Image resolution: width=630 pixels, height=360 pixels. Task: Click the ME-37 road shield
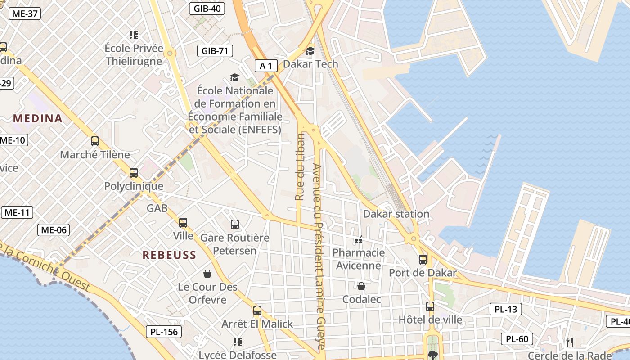coord(25,13)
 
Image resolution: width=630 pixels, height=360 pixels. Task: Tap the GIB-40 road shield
coord(207,8)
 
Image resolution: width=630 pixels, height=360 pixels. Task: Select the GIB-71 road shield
coord(215,51)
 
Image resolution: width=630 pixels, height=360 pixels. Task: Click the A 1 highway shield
coord(266,66)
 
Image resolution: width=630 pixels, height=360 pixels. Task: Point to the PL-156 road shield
coord(164,332)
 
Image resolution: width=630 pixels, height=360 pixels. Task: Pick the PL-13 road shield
coord(505,309)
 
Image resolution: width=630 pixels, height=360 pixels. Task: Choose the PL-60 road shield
coord(517,339)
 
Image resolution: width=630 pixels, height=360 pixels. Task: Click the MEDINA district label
coord(38,119)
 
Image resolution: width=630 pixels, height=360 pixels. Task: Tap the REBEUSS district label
coord(169,255)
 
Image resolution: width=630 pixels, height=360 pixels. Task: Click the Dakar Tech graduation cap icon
coord(310,51)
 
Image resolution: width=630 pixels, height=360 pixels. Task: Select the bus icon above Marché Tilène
coord(94,141)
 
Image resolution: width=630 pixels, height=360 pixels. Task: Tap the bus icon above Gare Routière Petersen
coord(234,225)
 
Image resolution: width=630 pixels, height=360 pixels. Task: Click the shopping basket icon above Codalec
coord(361,286)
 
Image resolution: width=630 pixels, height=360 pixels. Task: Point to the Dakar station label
coord(396,214)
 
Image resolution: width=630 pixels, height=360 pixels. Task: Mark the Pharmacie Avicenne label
coord(359,259)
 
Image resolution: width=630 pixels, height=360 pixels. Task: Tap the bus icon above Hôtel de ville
coord(430,306)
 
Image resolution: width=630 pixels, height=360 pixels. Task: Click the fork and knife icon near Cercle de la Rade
coord(570,342)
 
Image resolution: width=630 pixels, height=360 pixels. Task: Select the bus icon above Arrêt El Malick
coord(257,310)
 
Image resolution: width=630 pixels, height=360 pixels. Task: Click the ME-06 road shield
coord(54,230)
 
